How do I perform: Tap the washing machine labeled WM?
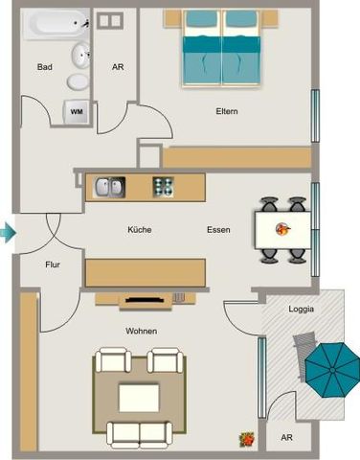click(76, 111)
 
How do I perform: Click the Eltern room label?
click(226, 112)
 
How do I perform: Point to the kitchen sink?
click(107, 187)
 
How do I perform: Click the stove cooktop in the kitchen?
click(163, 187)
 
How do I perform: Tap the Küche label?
click(140, 230)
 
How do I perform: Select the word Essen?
click(218, 230)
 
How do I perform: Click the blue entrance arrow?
click(8, 231)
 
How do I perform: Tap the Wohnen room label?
click(141, 331)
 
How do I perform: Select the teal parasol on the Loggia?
click(327, 367)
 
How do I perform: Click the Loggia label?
click(302, 309)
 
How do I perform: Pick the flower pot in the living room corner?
click(246, 439)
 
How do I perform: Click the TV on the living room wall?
click(146, 300)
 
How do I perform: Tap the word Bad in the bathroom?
click(44, 67)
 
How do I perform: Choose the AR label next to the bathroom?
click(118, 67)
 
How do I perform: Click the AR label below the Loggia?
click(286, 437)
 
